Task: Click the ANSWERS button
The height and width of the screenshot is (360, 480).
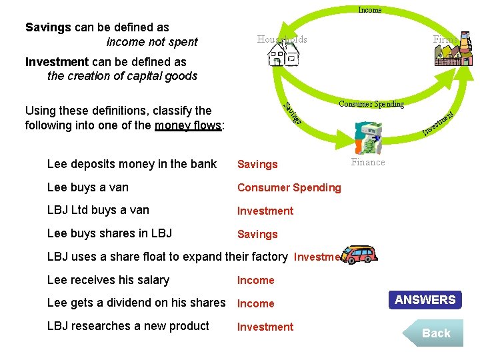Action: point(425,300)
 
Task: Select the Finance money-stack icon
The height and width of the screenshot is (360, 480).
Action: point(367,138)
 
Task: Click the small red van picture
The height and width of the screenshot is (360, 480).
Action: point(359,255)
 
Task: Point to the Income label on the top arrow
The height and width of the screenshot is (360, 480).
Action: point(370,10)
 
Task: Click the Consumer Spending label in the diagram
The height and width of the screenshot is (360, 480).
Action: point(371,104)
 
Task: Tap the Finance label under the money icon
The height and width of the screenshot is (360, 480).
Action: point(368,162)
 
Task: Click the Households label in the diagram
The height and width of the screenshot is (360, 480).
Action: point(282,39)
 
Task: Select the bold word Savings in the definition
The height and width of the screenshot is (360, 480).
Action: point(48,27)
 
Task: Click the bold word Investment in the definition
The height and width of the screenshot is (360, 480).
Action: point(57,62)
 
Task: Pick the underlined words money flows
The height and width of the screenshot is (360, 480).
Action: point(188,125)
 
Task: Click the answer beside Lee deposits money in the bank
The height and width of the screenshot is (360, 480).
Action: point(257,165)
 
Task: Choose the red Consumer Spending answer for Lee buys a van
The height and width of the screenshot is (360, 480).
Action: point(289,187)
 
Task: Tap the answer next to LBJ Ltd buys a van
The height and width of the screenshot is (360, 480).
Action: point(265,211)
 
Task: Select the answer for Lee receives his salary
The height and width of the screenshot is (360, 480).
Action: point(255,281)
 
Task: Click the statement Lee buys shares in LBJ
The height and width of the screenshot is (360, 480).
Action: point(109,233)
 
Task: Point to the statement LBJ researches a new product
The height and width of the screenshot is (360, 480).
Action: point(128,326)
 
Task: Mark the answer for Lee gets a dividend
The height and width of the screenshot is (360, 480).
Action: point(255,303)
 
